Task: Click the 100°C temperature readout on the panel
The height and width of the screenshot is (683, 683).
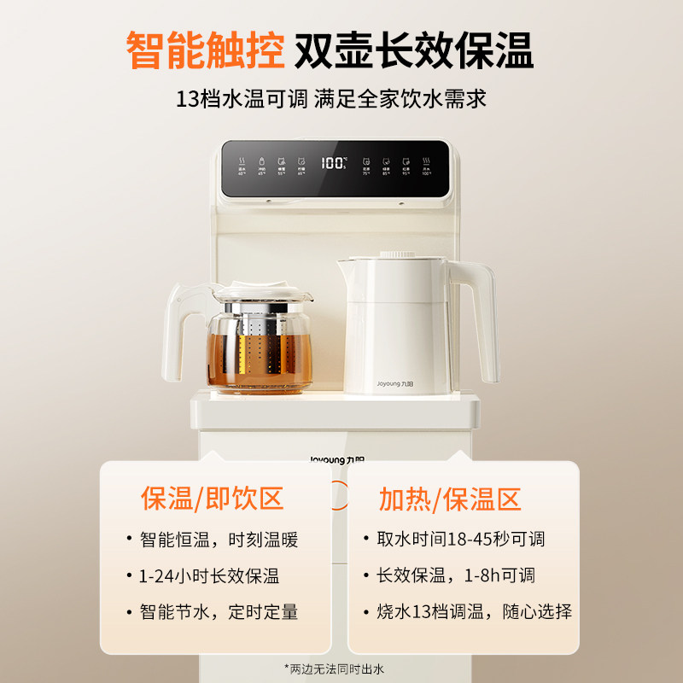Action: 334,162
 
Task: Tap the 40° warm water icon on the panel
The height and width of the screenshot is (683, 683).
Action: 242,163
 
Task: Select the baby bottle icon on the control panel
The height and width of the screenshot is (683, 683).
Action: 261,163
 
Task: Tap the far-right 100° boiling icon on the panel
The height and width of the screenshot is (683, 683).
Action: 426,163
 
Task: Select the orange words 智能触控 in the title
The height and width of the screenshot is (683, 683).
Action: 205,51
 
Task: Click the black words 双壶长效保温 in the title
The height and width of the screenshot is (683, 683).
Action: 414,51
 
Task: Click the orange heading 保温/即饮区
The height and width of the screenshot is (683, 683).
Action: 212,499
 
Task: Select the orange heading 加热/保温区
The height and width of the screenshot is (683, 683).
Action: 450,499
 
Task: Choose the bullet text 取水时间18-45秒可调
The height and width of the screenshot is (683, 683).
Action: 460,540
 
